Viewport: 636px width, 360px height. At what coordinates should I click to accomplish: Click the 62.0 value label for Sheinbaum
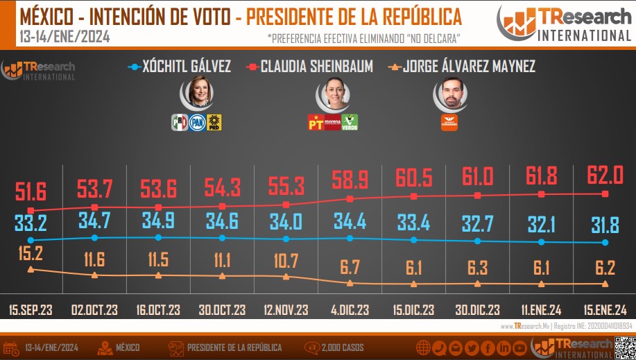coord(605,174)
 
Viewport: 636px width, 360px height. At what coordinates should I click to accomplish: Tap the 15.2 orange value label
coord(30,252)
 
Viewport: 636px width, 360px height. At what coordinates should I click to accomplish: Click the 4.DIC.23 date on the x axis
coord(350,309)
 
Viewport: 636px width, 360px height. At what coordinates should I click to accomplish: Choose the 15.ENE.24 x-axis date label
coord(605,309)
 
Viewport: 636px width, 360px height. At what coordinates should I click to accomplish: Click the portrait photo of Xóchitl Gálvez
coord(198,93)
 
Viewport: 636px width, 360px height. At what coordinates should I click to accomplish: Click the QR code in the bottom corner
coord(624,345)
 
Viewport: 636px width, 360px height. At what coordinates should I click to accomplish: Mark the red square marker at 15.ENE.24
coord(605,194)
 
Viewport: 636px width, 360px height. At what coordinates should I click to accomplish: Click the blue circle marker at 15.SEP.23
coord(31,241)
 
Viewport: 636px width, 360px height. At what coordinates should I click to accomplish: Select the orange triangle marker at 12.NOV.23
coord(286,277)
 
